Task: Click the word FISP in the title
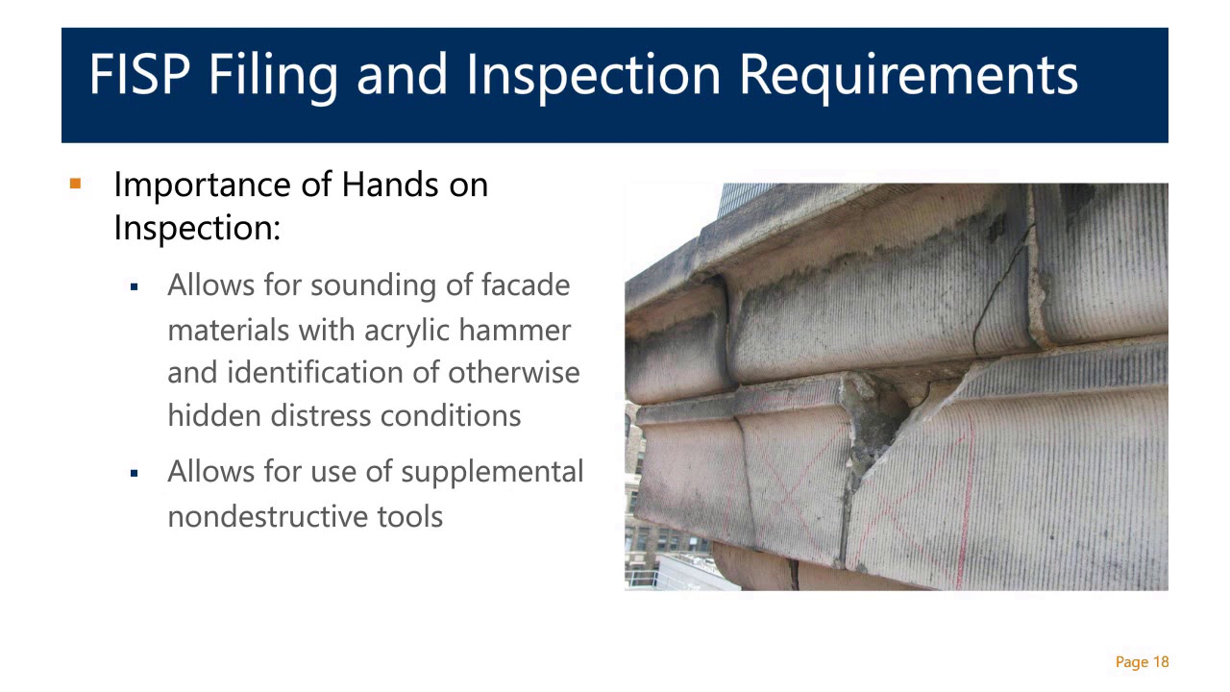137,75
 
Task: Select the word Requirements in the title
908,75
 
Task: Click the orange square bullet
76,183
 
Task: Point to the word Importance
202,185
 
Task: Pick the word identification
332,373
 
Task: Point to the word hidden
214,416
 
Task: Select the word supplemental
491,473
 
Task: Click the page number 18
1160,662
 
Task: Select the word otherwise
514,373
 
